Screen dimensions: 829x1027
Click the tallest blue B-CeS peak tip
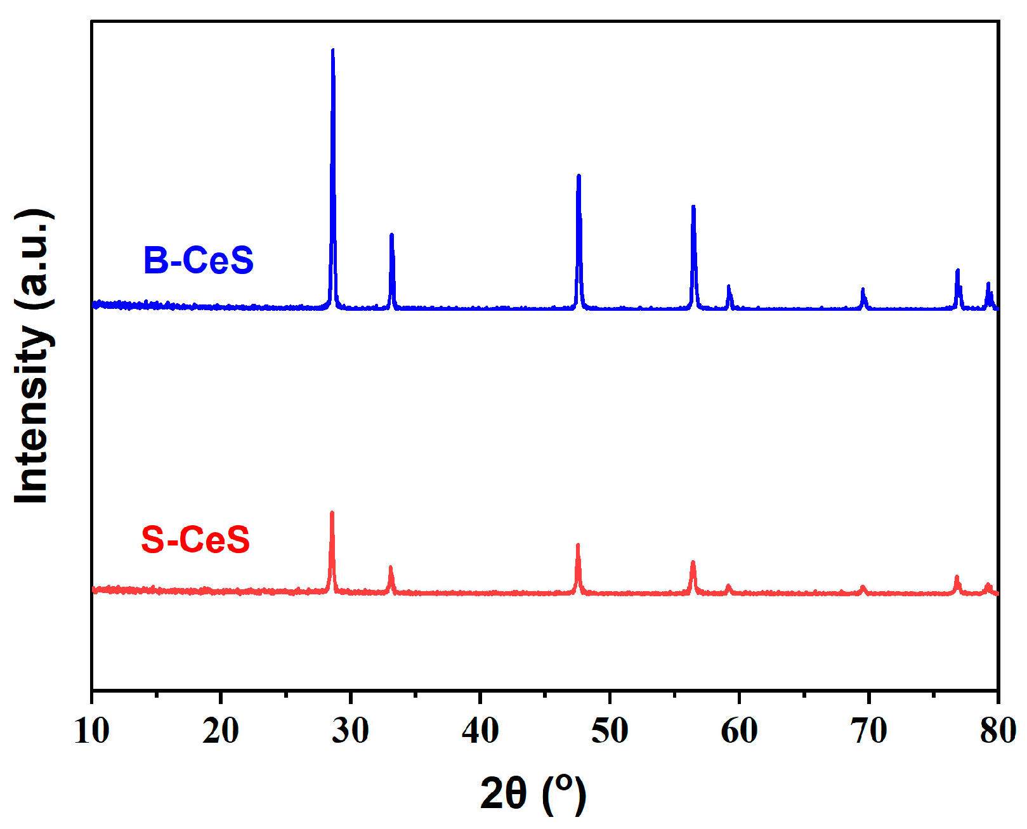[332, 51]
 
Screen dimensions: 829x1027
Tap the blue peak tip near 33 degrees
[391, 235]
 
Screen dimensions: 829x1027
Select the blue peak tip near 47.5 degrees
[578, 176]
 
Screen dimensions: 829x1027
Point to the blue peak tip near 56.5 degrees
[693, 207]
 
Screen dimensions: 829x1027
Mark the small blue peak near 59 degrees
[728, 287]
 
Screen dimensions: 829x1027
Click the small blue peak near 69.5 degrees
[863, 290]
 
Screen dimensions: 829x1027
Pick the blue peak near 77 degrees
[957, 271]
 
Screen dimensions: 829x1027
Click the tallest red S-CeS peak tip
[332, 513]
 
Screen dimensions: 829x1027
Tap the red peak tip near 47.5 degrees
[577, 545]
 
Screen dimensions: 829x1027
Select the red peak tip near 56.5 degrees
[693, 563]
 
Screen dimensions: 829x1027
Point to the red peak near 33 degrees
[391, 568]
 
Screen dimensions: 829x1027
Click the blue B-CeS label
[198, 261]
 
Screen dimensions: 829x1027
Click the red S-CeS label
[195, 540]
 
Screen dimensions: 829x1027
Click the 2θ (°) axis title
[533, 793]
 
